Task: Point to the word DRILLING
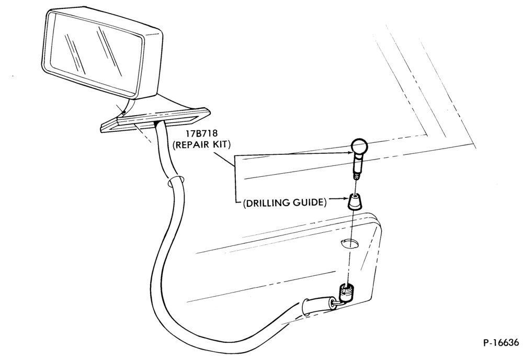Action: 267,203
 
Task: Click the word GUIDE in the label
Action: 308,203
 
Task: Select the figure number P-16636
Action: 501,343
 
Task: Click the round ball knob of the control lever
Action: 359,147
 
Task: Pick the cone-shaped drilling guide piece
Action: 355,201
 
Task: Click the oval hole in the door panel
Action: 349,243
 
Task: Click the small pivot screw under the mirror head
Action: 124,112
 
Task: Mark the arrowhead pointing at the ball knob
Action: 348,152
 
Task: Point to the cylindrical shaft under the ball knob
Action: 357,163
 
